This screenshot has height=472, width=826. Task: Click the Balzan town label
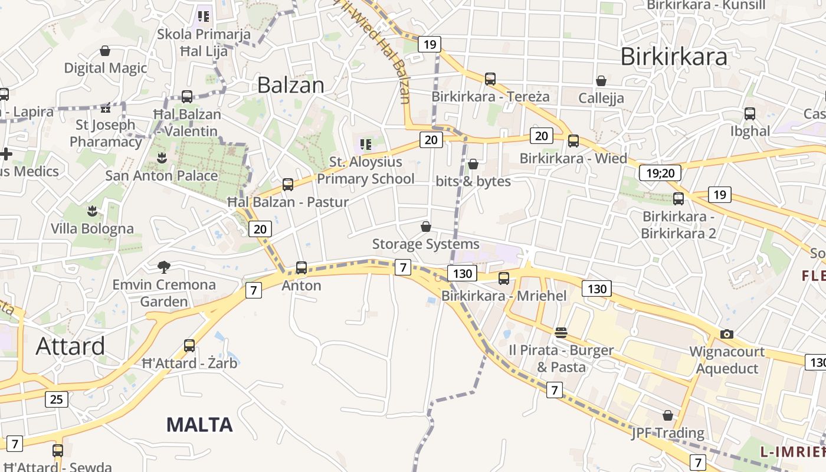[x=291, y=86]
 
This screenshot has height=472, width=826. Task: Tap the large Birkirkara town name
[x=674, y=57]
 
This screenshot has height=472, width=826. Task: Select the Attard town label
[x=70, y=346]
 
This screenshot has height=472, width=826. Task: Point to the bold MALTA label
[x=199, y=424]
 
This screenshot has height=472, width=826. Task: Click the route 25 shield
[x=56, y=399]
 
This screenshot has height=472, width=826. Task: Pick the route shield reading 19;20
[x=660, y=173]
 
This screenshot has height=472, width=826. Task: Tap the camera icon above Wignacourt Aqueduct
[x=727, y=334]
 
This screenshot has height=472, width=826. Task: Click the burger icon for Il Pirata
[x=560, y=333]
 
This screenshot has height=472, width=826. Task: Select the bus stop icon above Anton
[x=301, y=268]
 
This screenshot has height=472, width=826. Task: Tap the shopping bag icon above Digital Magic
[x=105, y=51]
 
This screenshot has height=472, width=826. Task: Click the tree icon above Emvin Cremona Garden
[x=164, y=267]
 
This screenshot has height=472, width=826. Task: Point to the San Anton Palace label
[x=161, y=176]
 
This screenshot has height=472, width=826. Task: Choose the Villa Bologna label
[x=92, y=228]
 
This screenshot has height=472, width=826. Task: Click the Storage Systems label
[x=425, y=244]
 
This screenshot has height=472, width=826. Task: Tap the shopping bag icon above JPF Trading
[x=668, y=416]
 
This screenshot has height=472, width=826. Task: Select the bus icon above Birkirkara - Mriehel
[x=504, y=278]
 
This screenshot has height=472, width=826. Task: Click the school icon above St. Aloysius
[x=366, y=144]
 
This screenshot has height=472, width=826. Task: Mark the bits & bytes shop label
[x=473, y=181]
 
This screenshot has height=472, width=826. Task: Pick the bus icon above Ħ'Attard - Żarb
[x=189, y=346]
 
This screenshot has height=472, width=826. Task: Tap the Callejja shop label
[x=601, y=98]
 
